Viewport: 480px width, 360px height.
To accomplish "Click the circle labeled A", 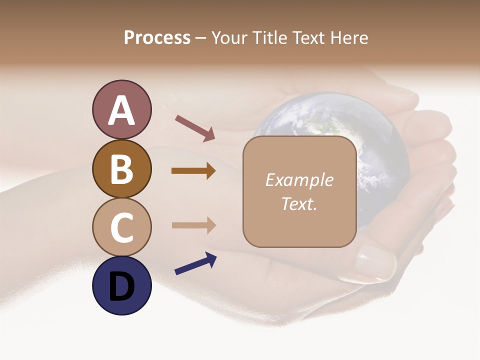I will pos(121,109).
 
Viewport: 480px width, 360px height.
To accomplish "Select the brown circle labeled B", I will pos(121,168).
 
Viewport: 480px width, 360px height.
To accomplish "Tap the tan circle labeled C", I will pos(121,227).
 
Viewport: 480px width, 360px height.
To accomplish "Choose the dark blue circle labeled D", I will pos(121,285).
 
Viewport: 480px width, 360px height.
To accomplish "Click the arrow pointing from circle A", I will pos(195,128).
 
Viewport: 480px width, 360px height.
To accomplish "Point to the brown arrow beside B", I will pos(193,171).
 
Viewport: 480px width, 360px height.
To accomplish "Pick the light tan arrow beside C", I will pos(193,225).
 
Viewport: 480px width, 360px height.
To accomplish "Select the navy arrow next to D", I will pos(195,264).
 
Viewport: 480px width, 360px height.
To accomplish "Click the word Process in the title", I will pos(157,38).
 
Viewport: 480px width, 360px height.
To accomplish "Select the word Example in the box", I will pos(299,180).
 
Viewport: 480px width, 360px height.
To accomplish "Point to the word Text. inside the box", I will pos(299,203).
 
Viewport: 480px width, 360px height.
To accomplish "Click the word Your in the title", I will pos(230,38).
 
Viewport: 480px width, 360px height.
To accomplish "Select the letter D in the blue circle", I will pos(121,286).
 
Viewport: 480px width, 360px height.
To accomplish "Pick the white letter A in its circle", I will pos(121,110).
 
